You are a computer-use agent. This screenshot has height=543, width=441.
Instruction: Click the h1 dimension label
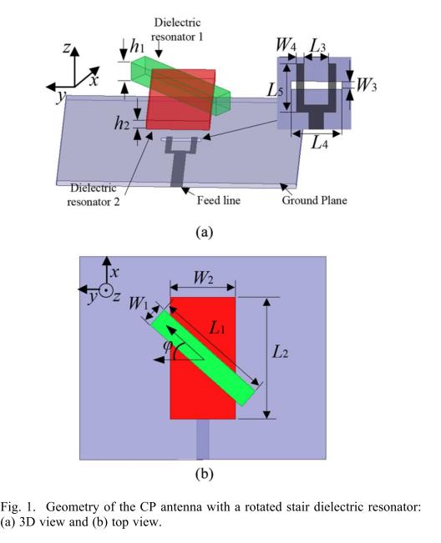point(137,46)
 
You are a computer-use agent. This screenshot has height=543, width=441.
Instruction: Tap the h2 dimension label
point(122,123)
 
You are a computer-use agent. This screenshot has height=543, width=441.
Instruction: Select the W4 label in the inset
point(286,45)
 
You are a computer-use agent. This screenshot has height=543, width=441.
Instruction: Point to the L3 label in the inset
point(318,45)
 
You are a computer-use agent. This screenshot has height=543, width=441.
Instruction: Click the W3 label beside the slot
point(366,85)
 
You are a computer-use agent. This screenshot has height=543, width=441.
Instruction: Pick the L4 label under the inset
point(319,142)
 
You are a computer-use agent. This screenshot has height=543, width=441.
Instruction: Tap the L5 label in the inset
point(276,91)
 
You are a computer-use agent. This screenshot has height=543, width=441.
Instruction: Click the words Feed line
point(219,200)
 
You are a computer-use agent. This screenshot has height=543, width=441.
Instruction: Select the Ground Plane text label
point(314,200)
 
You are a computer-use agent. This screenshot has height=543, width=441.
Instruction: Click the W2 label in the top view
point(203,278)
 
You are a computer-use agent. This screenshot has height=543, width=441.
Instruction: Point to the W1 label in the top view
point(139,304)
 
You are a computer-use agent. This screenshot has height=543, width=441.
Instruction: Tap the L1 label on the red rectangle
point(217,327)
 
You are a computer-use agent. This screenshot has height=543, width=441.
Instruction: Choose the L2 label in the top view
point(280,352)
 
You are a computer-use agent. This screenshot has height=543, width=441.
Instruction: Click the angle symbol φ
point(167,346)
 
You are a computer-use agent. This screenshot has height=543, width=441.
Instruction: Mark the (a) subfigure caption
point(204,232)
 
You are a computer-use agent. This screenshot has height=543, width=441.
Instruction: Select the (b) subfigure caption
point(204,474)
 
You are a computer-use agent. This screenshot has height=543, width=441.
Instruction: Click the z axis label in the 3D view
point(66,48)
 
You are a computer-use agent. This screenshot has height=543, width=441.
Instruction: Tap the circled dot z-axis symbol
point(105,290)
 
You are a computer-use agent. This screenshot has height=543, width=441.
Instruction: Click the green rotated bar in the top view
point(203,357)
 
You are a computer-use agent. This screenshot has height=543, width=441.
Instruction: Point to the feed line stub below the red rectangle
point(203,439)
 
